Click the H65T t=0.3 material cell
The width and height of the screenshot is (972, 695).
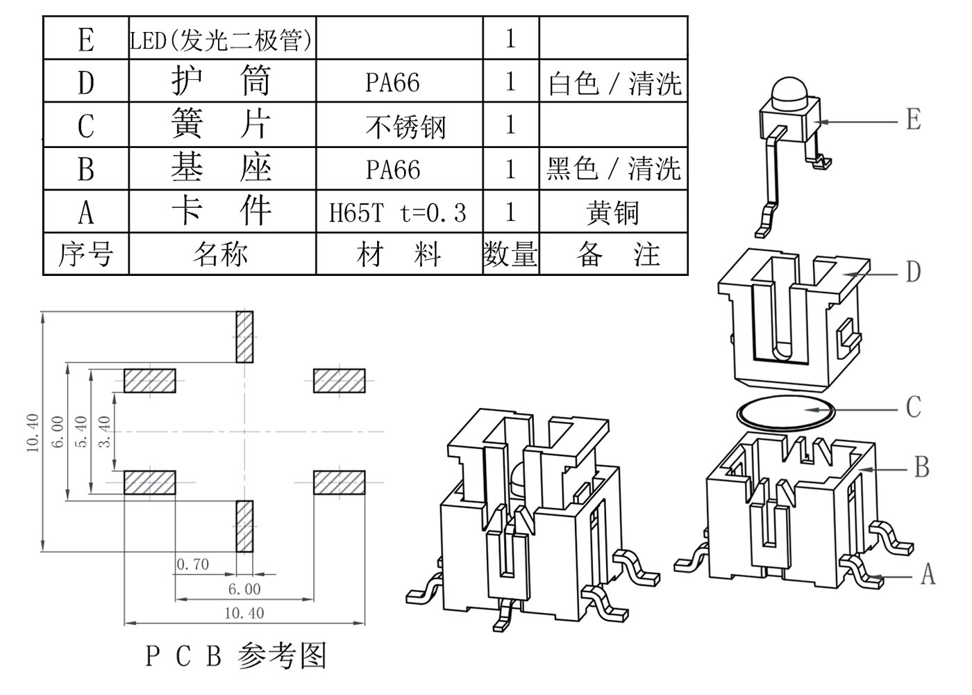point(399,212)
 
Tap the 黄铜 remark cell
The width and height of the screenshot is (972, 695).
point(612,212)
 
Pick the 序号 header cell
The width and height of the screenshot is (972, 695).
point(85,254)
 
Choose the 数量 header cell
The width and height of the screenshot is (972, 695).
point(510,254)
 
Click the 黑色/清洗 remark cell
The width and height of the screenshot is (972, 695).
point(613,169)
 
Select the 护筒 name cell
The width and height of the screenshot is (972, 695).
point(221,82)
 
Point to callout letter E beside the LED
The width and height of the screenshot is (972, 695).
point(914,120)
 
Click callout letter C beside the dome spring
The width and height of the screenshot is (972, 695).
point(914,407)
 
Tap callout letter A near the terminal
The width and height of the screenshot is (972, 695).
point(928,575)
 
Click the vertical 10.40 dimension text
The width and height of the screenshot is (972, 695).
point(33,433)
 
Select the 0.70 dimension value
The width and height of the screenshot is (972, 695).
point(192,564)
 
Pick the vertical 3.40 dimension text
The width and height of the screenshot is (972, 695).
point(105,432)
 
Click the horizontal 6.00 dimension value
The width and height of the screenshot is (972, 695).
point(244,589)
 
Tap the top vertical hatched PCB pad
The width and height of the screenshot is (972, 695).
point(244,337)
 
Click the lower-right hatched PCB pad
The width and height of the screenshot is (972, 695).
point(339,482)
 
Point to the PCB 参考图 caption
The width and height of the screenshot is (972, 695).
point(236,655)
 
